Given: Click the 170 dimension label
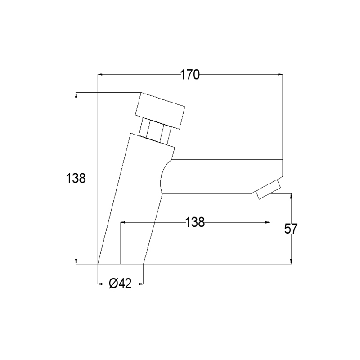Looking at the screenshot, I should click(x=190, y=75).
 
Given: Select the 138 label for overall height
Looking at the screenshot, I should click(x=76, y=178).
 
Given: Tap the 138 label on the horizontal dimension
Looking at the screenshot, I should click(x=195, y=222).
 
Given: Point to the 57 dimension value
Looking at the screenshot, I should click(x=291, y=229).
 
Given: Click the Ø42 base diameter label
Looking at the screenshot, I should click(x=120, y=283).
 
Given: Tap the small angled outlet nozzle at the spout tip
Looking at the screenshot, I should click(x=267, y=191).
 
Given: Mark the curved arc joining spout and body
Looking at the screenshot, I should click(x=163, y=178).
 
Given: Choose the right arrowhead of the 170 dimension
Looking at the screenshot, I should click(x=281, y=75).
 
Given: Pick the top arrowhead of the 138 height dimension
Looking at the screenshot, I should click(x=76, y=95).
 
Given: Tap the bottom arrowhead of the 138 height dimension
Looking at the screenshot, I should click(x=76, y=262).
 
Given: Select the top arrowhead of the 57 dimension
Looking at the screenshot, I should click(x=292, y=196).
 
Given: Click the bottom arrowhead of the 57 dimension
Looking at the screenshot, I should click(x=292, y=262).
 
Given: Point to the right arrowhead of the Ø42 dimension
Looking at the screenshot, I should click(x=141, y=283).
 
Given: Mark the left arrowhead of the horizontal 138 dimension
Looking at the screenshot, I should click(x=123, y=222).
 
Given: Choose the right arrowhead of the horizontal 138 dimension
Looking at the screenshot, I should click(x=268, y=222).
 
